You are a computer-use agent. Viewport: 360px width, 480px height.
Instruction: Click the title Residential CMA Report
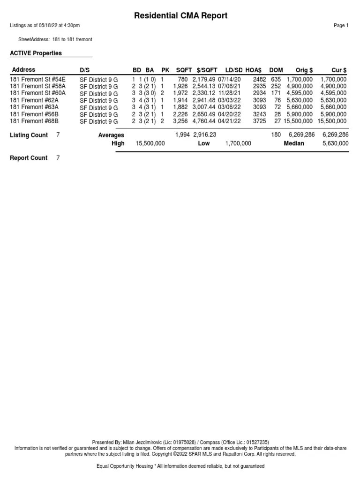[x=180, y=15]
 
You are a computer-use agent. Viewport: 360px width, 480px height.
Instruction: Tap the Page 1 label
[x=341, y=26]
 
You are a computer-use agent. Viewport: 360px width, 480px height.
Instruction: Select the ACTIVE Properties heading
[x=36, y=53]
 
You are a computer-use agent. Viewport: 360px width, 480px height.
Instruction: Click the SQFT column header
[x=184, y=70]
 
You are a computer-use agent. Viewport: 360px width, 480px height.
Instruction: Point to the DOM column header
[x=276, y=70]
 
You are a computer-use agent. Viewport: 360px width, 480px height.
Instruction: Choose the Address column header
[x=23, y=70]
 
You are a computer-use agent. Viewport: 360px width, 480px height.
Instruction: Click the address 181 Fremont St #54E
[x=37, y=80]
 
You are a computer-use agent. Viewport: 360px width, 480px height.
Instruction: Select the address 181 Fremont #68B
[x=34, y=121]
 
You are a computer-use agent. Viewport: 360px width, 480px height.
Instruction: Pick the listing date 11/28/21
[x=229, y=93]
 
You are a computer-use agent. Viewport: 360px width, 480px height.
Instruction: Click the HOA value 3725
[x=259, y=121]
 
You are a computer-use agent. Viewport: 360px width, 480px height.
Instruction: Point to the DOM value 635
[x=276, y=80]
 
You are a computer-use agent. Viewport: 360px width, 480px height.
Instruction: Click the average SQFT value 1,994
[x=183, y=135]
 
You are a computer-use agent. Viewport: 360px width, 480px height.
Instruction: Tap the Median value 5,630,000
[x=335, y=143]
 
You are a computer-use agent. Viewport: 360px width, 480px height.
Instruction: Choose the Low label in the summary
[x=203, y=143]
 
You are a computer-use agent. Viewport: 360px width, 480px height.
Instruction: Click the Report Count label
[x=29, y=158]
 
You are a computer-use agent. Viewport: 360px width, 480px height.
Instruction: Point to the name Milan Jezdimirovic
[x=143, y=442]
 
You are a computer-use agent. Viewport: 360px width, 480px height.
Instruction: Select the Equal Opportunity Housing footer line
[x=180, y=466]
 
